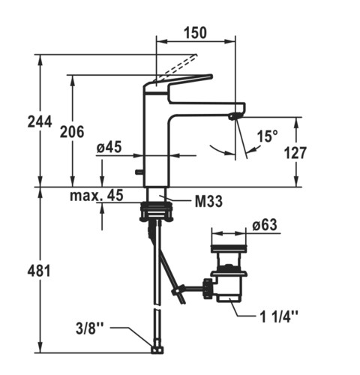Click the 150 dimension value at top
point(196,33)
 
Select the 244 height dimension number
point(40,121)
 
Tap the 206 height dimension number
point(72,132)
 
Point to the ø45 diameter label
point(109,147)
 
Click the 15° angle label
point(267,136)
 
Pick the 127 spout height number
point(295,153)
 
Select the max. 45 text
point(97,195)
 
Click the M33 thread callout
point(208,201)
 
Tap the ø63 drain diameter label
point(265,225)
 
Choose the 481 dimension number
point(39,271)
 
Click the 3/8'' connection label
point(89,328)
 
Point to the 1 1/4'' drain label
point(279,317)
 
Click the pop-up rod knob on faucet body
point(139,172)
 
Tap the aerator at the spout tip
point(234,116)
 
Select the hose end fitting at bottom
point(157,349)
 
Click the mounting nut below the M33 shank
point(156,211)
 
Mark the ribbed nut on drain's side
point(208,289)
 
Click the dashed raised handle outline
point(175,68)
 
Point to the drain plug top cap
point(229,248)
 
